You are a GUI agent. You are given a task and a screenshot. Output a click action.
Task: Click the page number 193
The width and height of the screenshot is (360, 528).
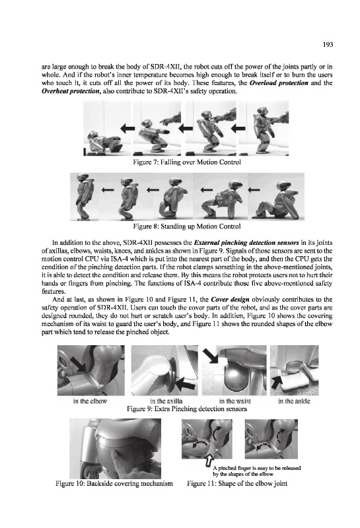point(328,44)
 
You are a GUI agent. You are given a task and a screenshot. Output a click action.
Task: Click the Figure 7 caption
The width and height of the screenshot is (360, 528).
point(187,162)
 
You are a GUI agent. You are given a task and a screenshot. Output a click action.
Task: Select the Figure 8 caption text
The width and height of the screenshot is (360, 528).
point(187,226)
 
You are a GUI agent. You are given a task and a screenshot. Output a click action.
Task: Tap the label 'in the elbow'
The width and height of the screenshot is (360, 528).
point(90,401)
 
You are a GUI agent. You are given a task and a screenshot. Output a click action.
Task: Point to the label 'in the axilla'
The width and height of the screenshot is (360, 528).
point(166,401)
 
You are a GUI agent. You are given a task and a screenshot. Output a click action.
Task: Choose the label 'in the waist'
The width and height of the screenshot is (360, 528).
point(235,401)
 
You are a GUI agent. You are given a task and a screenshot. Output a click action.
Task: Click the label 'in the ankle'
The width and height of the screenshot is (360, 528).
point(294,401)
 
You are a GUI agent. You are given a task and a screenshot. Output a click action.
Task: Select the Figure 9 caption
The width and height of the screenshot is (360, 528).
point(186,409)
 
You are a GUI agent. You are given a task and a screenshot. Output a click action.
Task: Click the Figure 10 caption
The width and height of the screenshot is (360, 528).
point(114,484)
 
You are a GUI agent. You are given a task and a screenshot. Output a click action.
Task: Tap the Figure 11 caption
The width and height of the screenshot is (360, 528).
point(237,484)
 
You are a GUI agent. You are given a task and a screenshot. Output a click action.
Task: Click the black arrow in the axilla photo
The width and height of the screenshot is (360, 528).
point(186,383)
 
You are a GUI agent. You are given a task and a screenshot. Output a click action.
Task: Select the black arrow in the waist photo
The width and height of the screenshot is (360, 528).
point(211,356)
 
